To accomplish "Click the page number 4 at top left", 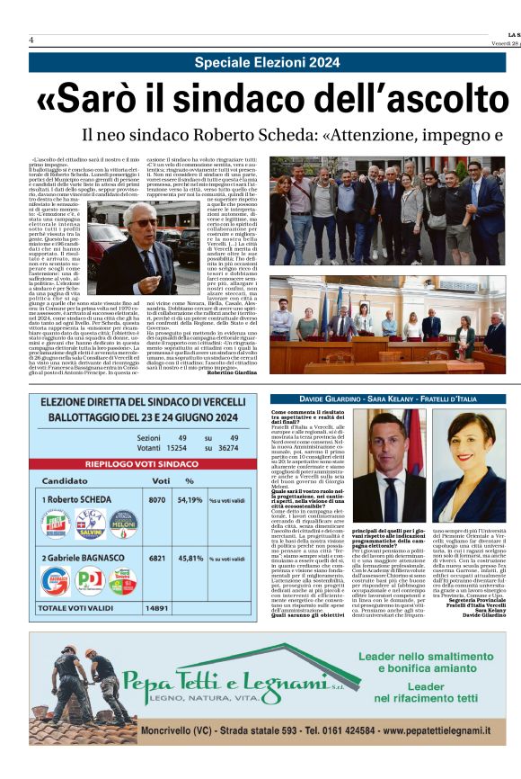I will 31,40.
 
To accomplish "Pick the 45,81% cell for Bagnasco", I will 191,557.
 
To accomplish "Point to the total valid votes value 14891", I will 158,608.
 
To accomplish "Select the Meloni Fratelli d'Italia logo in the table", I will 123,523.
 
